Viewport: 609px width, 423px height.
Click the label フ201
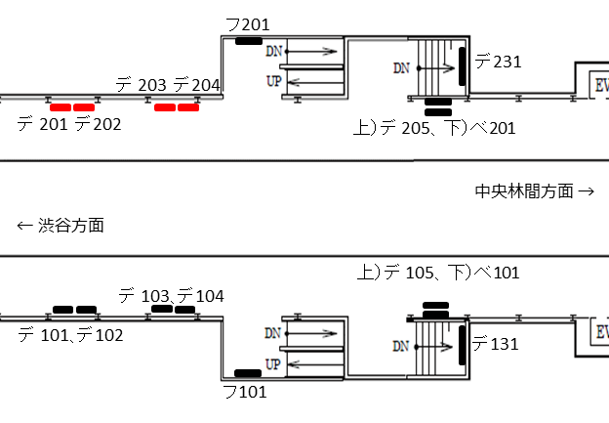coord(247,24)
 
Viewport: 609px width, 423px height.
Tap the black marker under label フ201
coord(248,41)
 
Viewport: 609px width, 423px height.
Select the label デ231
coord(498,62)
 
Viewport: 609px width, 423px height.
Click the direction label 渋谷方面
coord(61,226)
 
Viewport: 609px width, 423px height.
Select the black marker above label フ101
coord(248,372)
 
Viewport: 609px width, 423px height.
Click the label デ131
coord(495,344)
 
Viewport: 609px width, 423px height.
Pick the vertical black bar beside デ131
coord(460,345)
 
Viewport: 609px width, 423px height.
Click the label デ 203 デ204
coord(168,85)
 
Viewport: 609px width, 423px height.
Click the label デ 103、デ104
coord(171,295)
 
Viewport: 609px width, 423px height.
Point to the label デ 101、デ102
coord(70,335)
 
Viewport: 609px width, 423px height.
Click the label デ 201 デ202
coord(69,124)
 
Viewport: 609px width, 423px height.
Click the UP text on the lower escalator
coord(274,363)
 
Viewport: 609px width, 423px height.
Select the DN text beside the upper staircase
coord(401,68)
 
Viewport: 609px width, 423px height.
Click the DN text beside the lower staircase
coord(401,346)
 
